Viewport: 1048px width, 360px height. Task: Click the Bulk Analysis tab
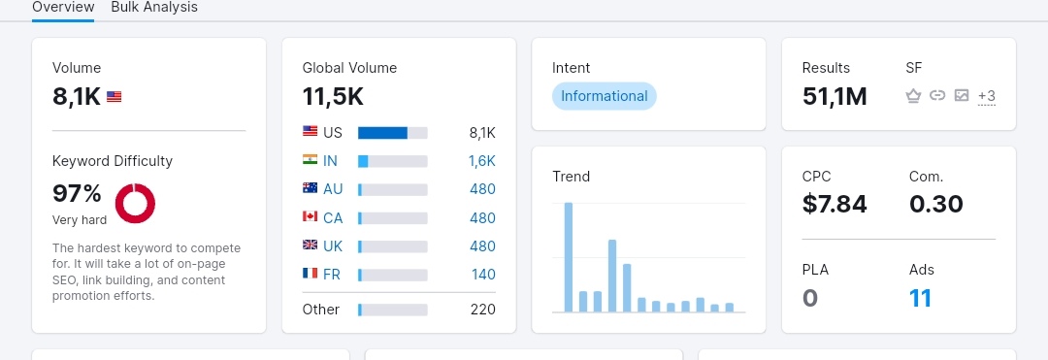click(x=154, y=8)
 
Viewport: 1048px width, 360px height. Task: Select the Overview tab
click(x=63, y=8)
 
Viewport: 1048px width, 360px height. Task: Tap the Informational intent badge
click(x=605, y=96)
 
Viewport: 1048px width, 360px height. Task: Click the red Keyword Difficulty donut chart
click(x=135, y=203)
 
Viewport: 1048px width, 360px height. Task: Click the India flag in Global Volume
click(x=310, y=160)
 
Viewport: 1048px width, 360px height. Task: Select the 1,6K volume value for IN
click(x=482, y=161)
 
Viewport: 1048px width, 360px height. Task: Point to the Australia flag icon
click(x=310, y=188)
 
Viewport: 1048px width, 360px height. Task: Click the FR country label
click(x=332, y=275)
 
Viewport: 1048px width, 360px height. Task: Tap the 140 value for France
click(x=483, y=275)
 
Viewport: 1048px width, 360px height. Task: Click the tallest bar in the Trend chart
click(x=569, y=257)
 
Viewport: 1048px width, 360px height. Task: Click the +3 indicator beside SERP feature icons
click(x=987, y=96)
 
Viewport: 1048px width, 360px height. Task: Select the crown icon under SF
click(x=914, y=96)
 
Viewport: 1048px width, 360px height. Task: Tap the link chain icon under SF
click(x=937, y=95)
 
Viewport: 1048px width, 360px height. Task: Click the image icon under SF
click(x=962, y=95)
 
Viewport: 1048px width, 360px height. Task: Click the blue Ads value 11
click(x=920, y=298)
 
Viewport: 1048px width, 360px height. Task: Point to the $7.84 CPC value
click(x=835, y=204)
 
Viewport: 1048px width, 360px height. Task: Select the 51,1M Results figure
click(x=835, y=97)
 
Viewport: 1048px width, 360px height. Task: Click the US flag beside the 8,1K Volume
click(x=115, y=97)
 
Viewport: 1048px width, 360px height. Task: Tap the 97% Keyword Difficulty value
click(x=77, y=194)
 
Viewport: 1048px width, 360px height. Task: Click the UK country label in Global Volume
click(x=333, y=246)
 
